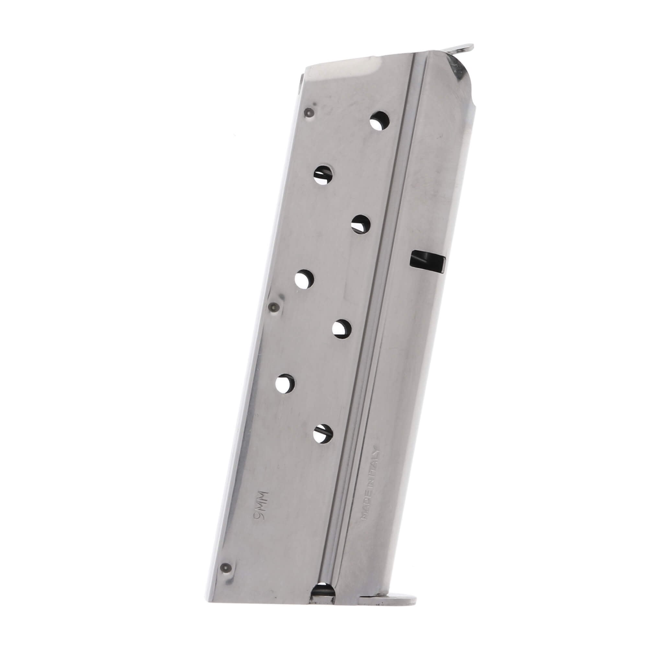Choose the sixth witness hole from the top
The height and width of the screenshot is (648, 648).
286,383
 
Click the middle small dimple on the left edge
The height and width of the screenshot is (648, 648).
274,306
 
